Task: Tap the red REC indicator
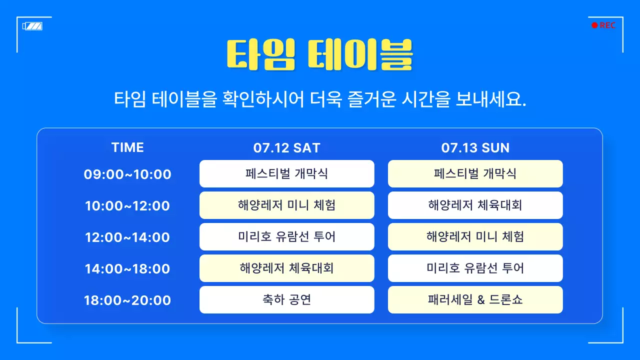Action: (x=603, y=25)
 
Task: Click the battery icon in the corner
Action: (x=32, y=26)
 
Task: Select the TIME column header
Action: (x=127, y=147)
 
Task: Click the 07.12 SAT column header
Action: (x=286, y=148)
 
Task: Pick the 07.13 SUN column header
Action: (x=475, y=148)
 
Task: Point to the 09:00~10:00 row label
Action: (x=127, y=174)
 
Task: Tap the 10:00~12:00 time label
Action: (x=127, y=206)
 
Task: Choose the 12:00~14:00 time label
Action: (x=127, y=237)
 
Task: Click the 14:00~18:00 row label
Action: (x=127, y=269)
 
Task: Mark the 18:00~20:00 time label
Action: (x=127, y=300)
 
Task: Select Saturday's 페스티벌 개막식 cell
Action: (x=286, y=174)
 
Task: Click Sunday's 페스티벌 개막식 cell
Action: (x=475, y=174)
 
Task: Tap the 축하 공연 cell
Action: (x=286, y=300)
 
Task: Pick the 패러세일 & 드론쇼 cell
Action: (x=475, y=300)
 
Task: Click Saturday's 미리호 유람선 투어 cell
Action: (x=286, y=237)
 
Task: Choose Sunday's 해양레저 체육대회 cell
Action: (x=475, y=205)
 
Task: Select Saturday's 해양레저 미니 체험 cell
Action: (x=286, y=205)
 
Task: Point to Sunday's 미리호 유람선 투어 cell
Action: (x=475, y=268)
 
